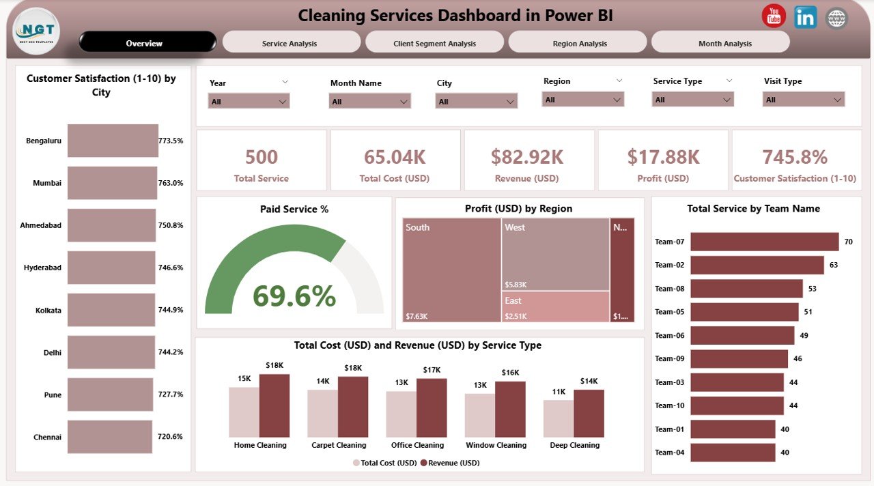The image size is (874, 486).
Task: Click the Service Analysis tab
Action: click(x=290, y=43)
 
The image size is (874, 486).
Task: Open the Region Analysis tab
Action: click(x=579, y=43)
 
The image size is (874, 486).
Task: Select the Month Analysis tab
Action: click(x=724, y=43)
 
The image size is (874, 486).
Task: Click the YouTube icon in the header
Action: click(x=774, y=16)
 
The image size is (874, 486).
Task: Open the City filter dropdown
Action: click(x=476, y=102)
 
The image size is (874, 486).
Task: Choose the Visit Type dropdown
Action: click(x=803, y=100)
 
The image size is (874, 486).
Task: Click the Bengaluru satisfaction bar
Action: click(x=113, y=141)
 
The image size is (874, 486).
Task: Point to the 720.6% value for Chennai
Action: click(x=171, y=437)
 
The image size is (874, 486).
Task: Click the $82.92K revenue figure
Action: click(x=527, y=157)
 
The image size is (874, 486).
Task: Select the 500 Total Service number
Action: click(x=262, y=157)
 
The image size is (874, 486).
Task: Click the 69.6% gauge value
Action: click(x=294, y=296)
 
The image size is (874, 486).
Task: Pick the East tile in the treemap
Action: click(x=554, y=306)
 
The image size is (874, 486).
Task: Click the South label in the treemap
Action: click(x=417, y=227)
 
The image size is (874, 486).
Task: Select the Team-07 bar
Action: click(x=764, y=242)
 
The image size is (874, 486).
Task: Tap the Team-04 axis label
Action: click(x=669, y=453)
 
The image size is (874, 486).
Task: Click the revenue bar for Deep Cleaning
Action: click(x=589, y=413)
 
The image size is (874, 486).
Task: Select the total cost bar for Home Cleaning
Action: click(x=244, y=412)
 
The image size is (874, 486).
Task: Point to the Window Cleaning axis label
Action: click(x=496, y=445)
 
